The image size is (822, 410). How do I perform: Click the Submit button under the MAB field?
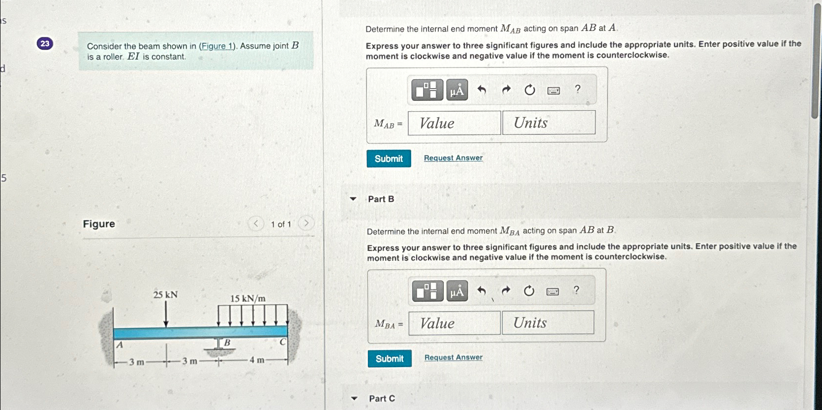pyautogui.click(x=389, y=158)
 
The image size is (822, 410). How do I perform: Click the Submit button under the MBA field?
pyautogui.click(x=390, y=359)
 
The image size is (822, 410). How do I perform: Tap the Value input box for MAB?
pyautogui.click(x=455, y=123)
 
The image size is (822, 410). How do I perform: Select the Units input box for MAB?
pyautogui.click(x=549, y=123)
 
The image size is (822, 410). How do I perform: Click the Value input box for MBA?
pyautogui.click(x=455, y=323)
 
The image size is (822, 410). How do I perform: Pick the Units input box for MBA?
pyautogui.click(x=548, y=323)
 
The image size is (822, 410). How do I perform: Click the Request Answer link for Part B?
pyautogui.click(x=454, y=357)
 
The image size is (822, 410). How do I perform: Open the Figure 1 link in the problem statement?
pyautogui.click(x=216, y=46)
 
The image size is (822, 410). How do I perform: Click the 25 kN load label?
pyautogui.click(x=165, y=295)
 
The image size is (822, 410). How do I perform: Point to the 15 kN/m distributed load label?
pyautogui.click(x=248, y=298)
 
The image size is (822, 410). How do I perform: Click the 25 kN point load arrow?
pyautogui.click(x=166, y=315)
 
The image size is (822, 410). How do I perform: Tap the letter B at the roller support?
pyautogui.click(x=227, y=343)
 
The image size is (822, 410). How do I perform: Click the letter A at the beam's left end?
pyautogui.click(x=120, y=345)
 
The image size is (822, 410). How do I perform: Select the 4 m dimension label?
pyautogui.click(x=257, y=360)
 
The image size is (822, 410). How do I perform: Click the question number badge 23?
pyautogui.click(x=45, y=44)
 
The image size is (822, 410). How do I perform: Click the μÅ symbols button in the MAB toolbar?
pyautogui.click(x=457, y=90)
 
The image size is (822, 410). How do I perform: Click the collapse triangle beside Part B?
pyautogui.click(x=353, y=199)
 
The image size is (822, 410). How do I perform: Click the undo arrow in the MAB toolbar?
pyautogui.click(x=482, y=90)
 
